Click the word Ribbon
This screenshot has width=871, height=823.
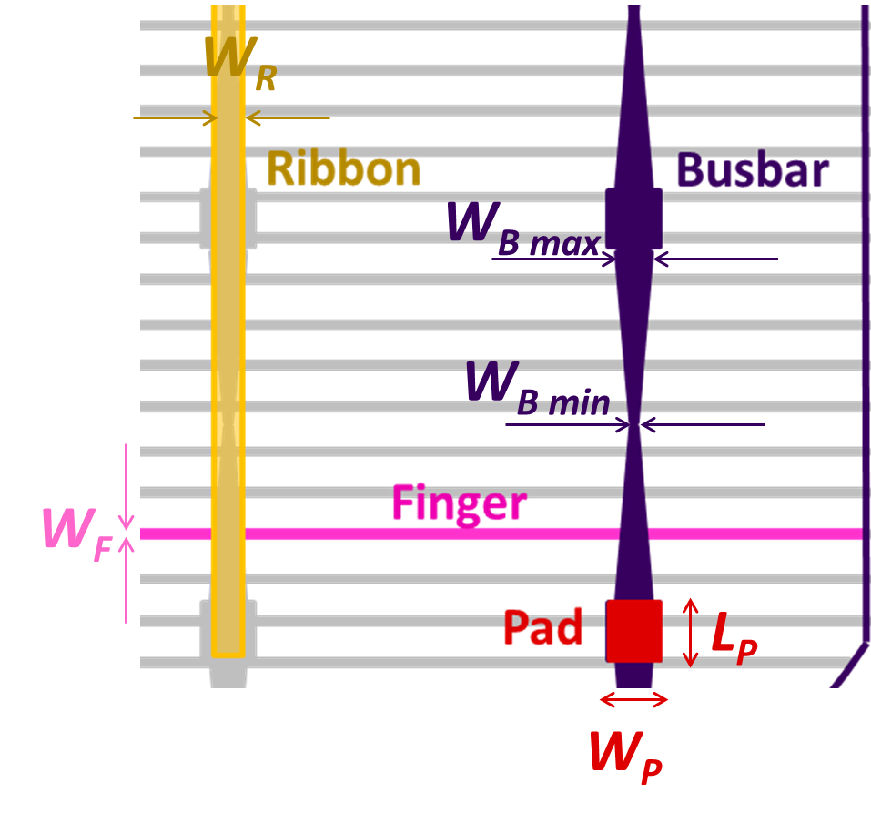click(343, 169)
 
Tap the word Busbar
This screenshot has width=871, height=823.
click(753, 169)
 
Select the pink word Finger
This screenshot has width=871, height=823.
click(460, 504)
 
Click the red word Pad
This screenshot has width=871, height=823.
click(542, 627)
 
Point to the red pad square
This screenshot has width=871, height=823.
click(633, 631)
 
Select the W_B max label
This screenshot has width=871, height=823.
click(523, 229)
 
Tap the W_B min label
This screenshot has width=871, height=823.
click(538, 389)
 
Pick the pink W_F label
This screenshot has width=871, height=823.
click(77, 534)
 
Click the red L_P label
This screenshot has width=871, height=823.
click(734, 637)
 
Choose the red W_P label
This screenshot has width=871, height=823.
click(625, 757)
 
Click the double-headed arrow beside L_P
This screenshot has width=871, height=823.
click(690, 633)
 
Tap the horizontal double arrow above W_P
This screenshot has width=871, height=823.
click(633, 699)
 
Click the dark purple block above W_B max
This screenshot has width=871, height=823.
click(633, 218)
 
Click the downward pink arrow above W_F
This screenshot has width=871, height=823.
click(127, 487)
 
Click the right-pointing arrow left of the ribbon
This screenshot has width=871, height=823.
click(176, 117)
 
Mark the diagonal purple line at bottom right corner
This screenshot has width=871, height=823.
click(849, 666)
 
